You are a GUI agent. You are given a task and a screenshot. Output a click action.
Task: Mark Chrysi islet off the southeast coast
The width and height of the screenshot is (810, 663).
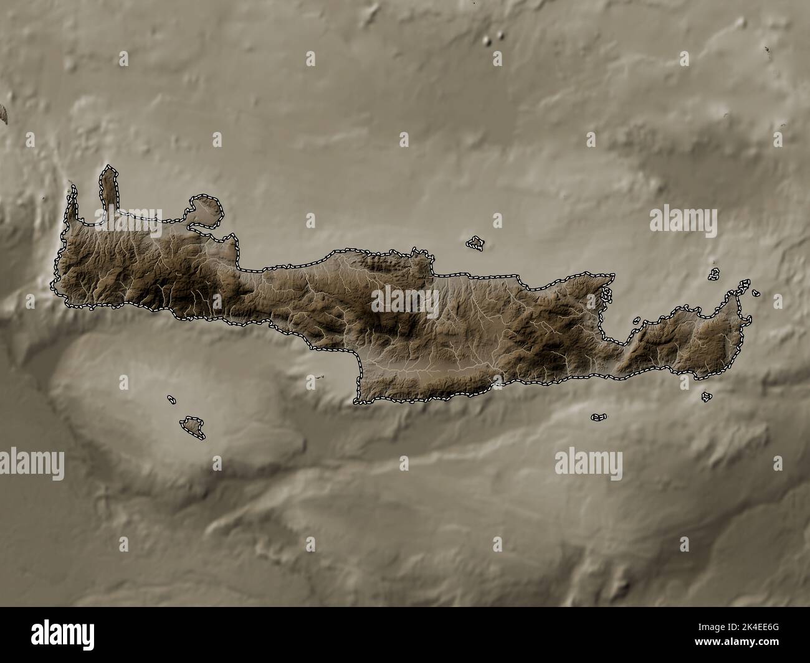599,416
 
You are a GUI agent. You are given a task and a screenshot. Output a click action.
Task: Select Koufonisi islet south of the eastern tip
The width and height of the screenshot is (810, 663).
707,396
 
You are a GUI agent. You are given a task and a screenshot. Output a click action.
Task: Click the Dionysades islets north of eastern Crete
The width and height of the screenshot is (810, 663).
715,273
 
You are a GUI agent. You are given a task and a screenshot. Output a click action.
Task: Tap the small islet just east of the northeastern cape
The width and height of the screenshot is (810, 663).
755,292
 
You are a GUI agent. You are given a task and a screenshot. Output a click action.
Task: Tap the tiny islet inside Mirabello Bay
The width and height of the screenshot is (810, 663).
637,321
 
